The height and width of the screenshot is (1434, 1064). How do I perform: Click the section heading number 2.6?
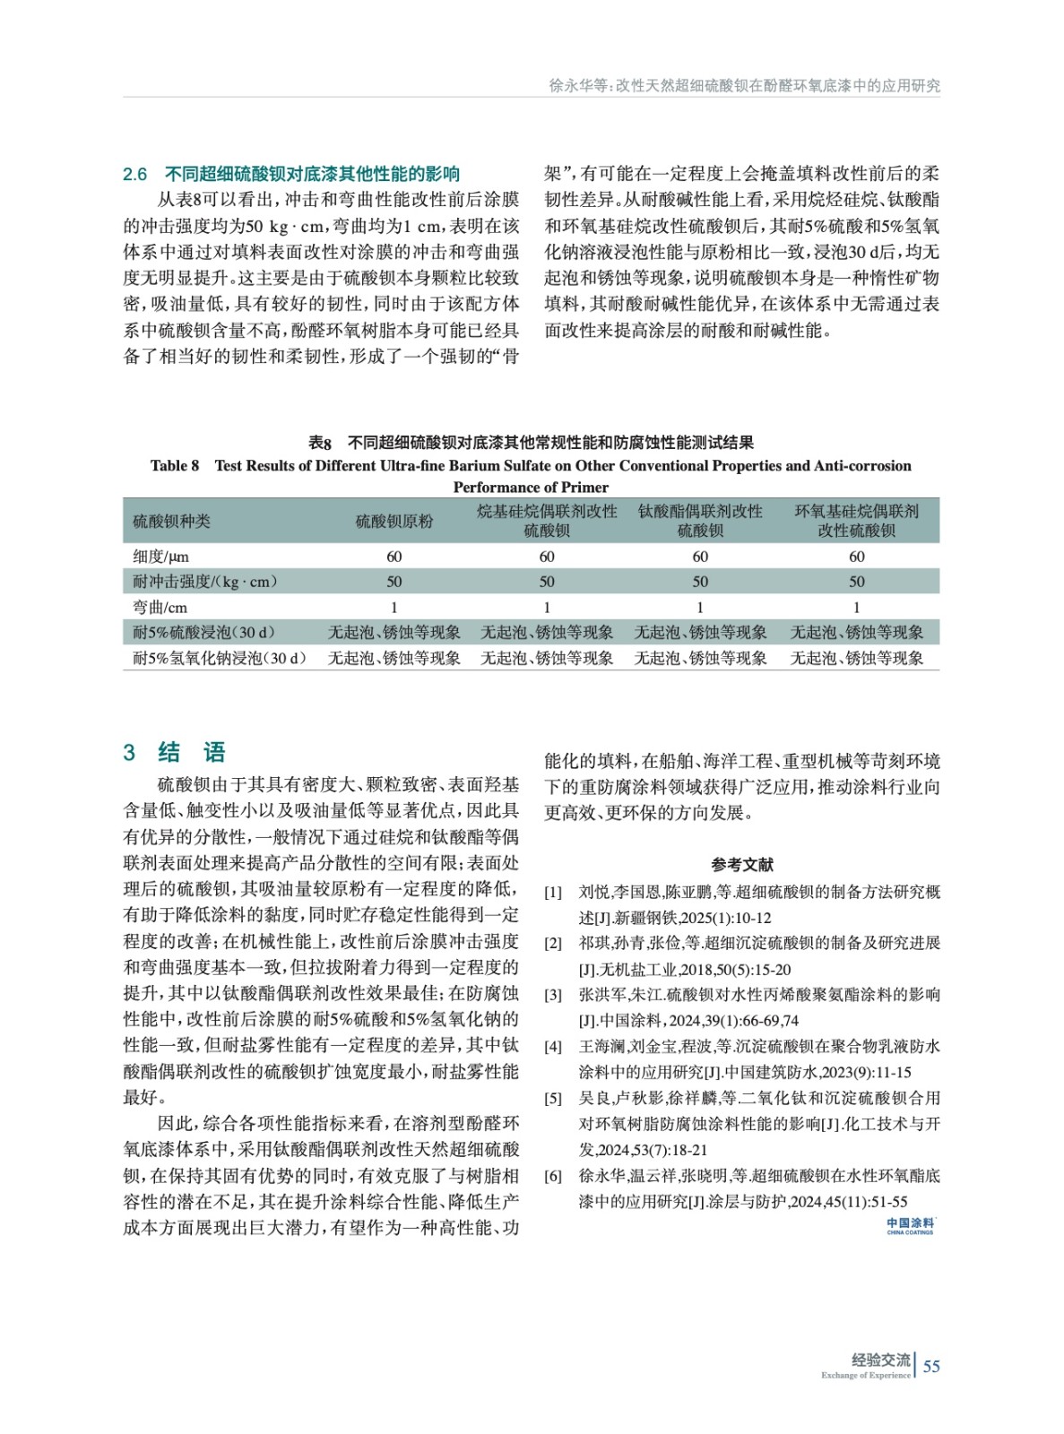pyautogui.click(x=134, y=174)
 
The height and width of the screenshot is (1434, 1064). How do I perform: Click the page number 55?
pyautogui.click(x=931, y=1366)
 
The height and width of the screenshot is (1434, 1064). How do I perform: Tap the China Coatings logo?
pyautogui.click(x=910, y=1226)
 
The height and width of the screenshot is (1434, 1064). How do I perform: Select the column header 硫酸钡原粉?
pyautogui.click(x=394, y=521)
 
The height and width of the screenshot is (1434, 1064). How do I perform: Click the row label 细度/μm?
pyautogui.click(x=161, y=557)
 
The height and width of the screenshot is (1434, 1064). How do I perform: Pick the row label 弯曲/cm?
pyautogui.click(x=160, y=607)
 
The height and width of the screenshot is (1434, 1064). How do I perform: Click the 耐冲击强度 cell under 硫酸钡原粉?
pyautogui.click(x=394, y=582)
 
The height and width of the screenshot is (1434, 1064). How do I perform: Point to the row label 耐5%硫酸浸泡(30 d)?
pyautogui.click(x=204, y=633)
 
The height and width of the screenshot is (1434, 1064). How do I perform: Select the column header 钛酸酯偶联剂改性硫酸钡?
pyautogui.click(x=700, y=521)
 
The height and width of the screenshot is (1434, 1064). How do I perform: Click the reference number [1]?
pyautogui.click(x=553, y=893)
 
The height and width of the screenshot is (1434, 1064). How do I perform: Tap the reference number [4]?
pyautogui.click(x=553, y=1047)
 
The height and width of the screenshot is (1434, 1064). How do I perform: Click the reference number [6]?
pyautogui.click(x=553, y=1176)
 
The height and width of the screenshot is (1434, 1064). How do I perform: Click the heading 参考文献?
pyautogui.click(x=741, y=864)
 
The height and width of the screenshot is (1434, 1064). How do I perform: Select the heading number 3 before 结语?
pyautogui.click(x=130, y=753)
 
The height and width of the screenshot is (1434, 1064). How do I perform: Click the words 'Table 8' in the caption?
pyautogui.click(x=175, y=465)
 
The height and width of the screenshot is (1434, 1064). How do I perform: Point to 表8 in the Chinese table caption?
pyautogui.click(x=320, y=443)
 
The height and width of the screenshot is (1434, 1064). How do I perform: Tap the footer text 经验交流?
pyautogui.click(x=880, y=1360)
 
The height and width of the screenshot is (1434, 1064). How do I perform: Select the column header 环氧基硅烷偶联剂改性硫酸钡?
pyautogui.click(x=856, y=521)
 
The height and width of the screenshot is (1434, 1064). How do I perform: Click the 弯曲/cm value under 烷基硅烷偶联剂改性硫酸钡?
pyautogui.click(x=547, y=607)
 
